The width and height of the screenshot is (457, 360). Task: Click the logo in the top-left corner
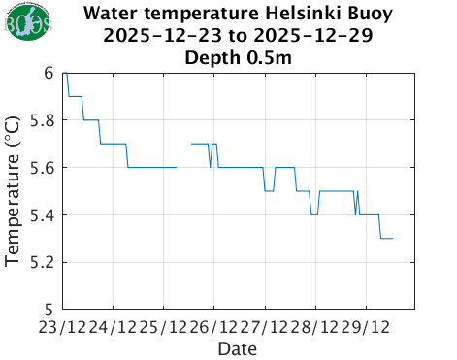[x=28, y=26]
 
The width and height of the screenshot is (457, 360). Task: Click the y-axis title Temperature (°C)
[x=14, y=190]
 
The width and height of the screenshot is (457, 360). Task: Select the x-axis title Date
[x=238, y=347]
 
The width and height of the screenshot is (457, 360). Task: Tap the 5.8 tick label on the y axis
[x=42, y=120]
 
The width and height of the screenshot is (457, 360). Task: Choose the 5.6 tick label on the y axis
[x=42, y=168]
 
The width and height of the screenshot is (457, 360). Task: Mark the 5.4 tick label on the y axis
[x=42, y=214]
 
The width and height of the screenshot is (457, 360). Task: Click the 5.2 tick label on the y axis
[x=42, y=262]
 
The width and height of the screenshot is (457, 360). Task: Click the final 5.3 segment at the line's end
[x=386, y=238]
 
